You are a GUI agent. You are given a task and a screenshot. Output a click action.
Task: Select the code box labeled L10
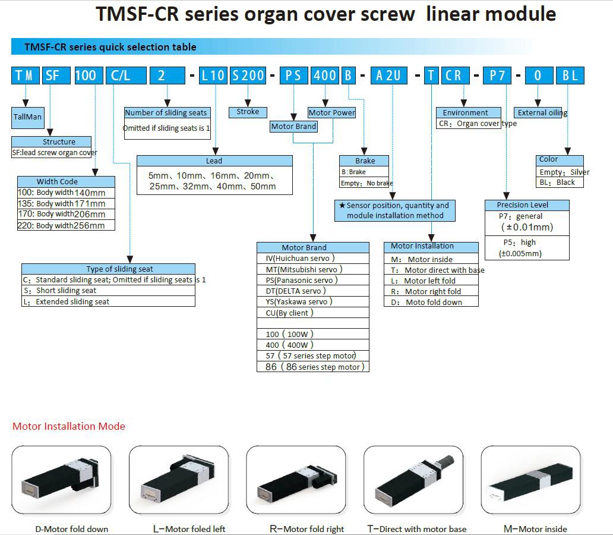[x=213, y=75]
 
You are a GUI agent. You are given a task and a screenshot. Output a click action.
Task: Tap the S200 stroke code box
[x=248, y=75]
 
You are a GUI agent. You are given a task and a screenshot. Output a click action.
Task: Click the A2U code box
[x=389, y=75]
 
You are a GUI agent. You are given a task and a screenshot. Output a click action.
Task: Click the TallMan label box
[x=27, y=117]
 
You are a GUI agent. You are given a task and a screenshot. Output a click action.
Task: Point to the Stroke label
[x=248, y=112]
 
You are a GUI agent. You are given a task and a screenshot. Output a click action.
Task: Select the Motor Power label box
[x=331, y=112]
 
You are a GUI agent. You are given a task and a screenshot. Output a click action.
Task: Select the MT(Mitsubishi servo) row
[x=304, y=269]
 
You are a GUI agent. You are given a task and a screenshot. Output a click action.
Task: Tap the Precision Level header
[x=523, y=205]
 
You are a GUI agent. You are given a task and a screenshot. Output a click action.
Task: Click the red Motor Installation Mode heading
[x=69, y=426]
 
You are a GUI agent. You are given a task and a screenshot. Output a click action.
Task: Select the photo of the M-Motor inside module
[x=530, y=480]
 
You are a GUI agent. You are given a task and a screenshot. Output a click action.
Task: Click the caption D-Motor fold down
[x=72, y=529]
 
